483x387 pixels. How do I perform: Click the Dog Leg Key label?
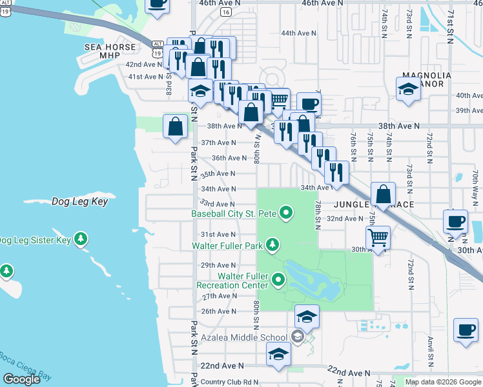(x=79, y=202)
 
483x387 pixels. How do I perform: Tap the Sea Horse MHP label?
(x=110, y=51)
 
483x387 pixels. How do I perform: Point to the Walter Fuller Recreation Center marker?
(x=278, y=280)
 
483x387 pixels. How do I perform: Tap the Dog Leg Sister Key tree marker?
(x=81, y=240)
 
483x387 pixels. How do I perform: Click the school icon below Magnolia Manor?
(x=408, y=90)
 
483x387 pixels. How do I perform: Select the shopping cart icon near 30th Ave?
(x=378, y=238)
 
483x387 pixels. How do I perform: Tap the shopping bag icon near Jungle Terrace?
(x=384, y=194)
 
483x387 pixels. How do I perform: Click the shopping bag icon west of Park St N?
(x=176, y=126)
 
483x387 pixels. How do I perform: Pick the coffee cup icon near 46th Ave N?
(x=158, y=3)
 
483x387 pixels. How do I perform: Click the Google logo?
(x=21, y=379)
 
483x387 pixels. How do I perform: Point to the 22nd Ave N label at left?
(x=217, y=366)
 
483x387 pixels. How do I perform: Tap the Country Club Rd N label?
(x=229, y=382)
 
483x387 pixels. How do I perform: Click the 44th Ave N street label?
(x=298, y=33)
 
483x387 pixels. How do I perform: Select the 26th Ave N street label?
(x=218, y=312)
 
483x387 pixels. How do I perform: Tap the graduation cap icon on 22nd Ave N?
(x=278, y=355)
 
